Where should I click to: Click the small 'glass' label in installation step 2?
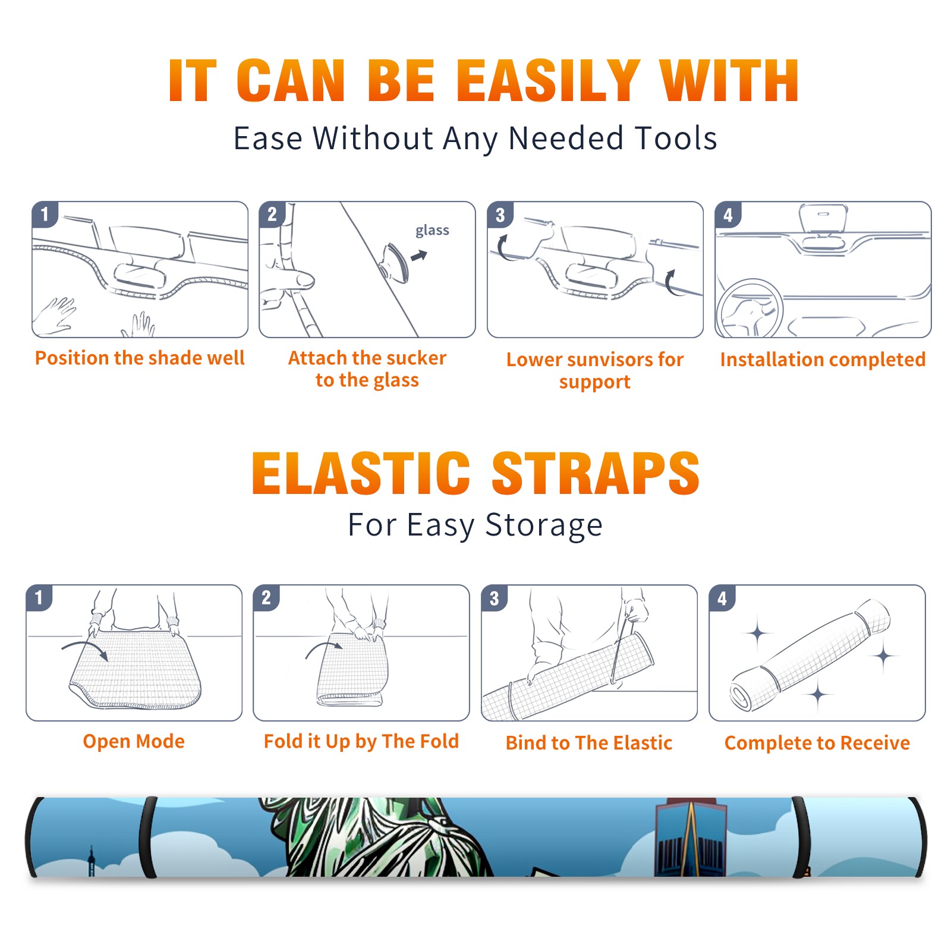pos(432,231)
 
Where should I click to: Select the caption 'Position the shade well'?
pos(140,358)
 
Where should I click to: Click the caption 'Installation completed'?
pos(823,359)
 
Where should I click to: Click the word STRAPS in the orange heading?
pos(596,473)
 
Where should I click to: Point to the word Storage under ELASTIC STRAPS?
pos(544,525)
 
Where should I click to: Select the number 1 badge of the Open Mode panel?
pos(39,598)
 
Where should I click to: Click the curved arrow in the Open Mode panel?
pos(85,648)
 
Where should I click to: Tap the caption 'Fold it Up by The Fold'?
pos(361,741)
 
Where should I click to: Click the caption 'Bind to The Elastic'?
pos(589,742)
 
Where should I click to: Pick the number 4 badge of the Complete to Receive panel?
pos(722,598)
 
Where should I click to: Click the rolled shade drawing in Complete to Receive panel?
pos(810,656)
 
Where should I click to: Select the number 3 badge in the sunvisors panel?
pos(500,215)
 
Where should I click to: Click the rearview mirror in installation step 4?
pos(823,219)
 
